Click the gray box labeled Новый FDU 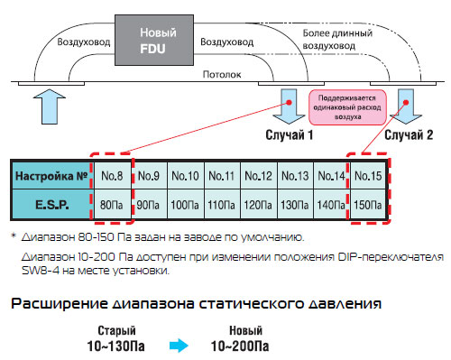click(x=154, y=40)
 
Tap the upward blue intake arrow click(x=50, y=106)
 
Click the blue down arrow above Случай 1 click(x=289, y=106)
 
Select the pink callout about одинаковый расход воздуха click(x=347, y=107)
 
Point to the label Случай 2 click(x=409, y=135)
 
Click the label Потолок click(x=222, y=74)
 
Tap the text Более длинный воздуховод click(x=337, y=40)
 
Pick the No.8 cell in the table click(x=113, y=176)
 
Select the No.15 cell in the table click(x=368, y=176)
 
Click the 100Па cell click(x=185, y=205)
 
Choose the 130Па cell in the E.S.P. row click(x=295, y=205)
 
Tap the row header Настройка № click(x=51, y=176)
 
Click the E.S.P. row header click(x=51, y=205)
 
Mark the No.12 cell click(x=258, y=176)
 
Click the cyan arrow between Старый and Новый click(x=179, y=346)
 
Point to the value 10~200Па click(x=240, y=346)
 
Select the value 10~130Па click(x=115, y=346)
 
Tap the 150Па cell click(x=368, y=205)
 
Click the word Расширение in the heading click(x=60, y=304)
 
